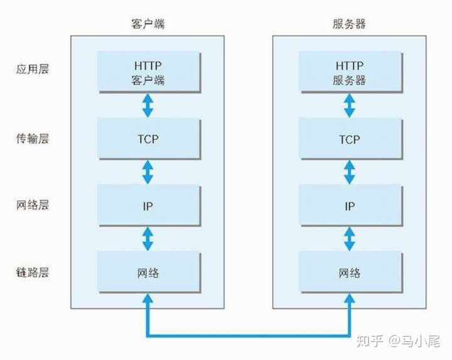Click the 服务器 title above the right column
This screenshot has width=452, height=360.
(x=348, y=25)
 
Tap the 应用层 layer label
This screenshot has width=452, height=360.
(x=32, y=69)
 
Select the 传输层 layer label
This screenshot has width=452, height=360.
(x=32, y=138)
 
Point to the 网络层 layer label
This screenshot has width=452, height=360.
(x=32, y=205)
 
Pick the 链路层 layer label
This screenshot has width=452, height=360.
(x=32, y=272)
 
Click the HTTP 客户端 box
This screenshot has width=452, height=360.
(x=148, y=72)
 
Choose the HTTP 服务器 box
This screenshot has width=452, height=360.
(x=348, y=72)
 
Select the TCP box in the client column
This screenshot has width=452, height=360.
(x=148, y=139)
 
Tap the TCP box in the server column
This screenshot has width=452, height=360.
(x=348, y=139)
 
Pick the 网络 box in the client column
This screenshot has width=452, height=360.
(x=148, y=273)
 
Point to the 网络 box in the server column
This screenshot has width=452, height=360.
(x=348, y=273)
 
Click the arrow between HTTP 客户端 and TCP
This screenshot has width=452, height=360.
(x=148, y=106)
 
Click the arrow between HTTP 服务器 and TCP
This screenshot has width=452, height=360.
(x=348, y=106)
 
